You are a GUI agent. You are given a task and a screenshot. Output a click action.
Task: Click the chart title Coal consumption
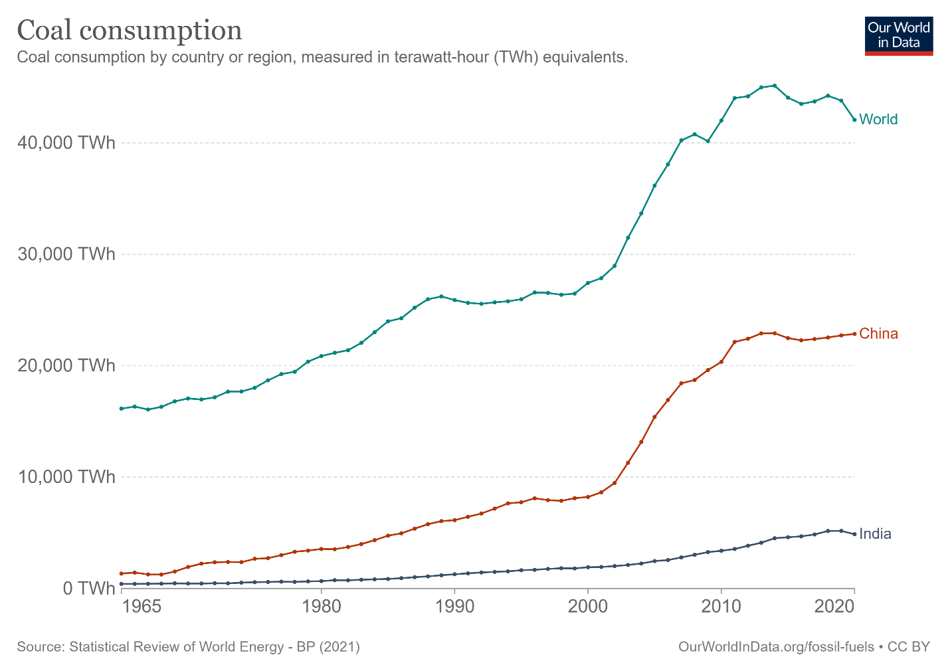130,31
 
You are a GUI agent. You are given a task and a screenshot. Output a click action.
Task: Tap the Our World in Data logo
899,36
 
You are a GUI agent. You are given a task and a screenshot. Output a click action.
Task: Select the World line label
878,120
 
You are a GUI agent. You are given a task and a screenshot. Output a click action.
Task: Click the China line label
878,334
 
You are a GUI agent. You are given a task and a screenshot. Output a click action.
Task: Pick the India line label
875,534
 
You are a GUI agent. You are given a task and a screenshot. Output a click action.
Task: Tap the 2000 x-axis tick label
588,607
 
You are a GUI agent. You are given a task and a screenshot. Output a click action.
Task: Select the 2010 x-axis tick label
721,607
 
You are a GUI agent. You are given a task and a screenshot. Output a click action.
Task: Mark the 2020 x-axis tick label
834,607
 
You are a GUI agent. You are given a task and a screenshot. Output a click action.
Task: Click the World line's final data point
854,120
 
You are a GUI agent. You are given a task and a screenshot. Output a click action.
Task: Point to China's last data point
854,334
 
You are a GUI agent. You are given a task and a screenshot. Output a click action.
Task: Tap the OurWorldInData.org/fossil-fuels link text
776,647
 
